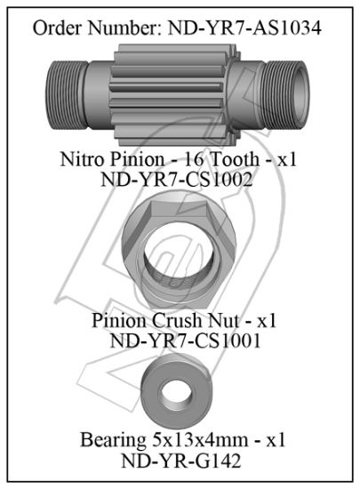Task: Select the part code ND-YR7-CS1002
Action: [x=178, y=179]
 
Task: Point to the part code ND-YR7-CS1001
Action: [x=180, y=340]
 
